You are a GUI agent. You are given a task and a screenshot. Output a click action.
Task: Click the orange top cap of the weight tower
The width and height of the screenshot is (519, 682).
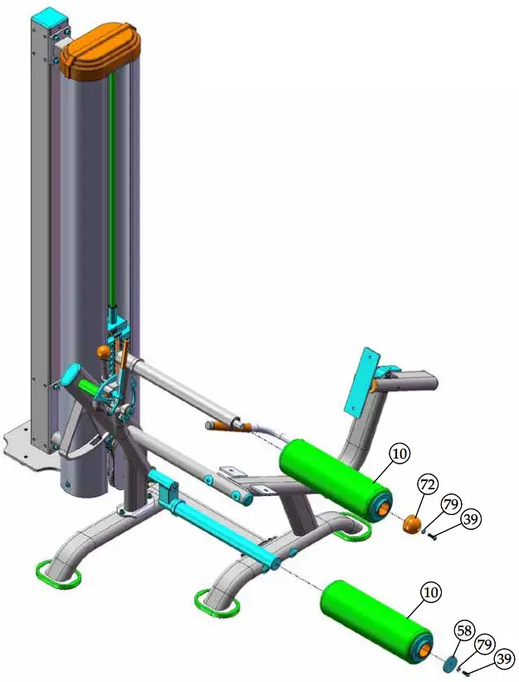(100, 52)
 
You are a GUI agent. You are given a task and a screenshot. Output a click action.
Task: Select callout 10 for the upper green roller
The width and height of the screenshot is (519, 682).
(400, 454)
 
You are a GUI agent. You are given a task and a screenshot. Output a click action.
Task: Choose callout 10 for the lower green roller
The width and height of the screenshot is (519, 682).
(430, 592)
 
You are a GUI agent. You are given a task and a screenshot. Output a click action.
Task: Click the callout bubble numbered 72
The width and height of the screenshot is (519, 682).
(428, 483)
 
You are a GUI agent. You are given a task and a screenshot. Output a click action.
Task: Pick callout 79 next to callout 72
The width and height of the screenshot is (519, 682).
(450, 504)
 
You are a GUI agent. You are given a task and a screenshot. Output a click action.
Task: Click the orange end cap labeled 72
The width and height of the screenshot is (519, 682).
(411, 524)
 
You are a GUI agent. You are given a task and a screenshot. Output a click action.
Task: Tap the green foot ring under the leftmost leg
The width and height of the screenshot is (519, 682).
(57, 575)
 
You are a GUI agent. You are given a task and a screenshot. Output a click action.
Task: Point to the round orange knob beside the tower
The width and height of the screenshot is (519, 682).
(104, 352)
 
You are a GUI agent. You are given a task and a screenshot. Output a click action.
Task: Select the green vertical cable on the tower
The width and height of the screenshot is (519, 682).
(110, 191)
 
